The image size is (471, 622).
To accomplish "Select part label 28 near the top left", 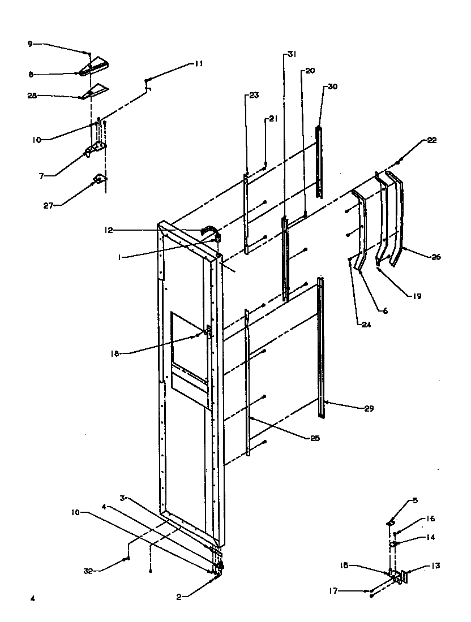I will (32, 96).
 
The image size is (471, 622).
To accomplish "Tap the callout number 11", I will (198, 64).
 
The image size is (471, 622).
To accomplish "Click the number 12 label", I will (109, 230).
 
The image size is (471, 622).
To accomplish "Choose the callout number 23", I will (253, 96).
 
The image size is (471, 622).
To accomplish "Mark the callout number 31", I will (291, 54).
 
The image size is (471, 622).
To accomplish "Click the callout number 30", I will (332, 87).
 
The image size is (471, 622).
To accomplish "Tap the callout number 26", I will (435, 257).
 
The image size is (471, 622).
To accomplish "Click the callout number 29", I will (369, 408).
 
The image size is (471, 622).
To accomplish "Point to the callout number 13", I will (435, 565).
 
